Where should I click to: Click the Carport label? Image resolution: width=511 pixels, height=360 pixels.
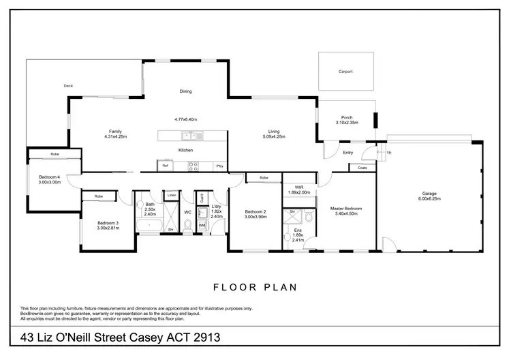click(x=345, y=72)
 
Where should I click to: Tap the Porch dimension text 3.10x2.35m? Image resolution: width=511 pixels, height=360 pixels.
click(x=347, y=123)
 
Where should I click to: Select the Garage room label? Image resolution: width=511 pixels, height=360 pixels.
click(x=429, y=193)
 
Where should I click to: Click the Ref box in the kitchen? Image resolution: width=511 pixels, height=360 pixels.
click(x=165, y=166)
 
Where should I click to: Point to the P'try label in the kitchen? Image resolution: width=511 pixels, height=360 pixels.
click(x=219, y=166)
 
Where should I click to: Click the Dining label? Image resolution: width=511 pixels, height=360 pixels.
click(x=185, y=91)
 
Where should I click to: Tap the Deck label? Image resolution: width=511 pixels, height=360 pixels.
click(x=68, y=86)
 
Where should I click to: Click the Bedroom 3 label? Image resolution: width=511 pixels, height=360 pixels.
click(x=108, y=223)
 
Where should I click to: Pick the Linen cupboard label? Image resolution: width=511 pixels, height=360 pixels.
click(x=172, y=196)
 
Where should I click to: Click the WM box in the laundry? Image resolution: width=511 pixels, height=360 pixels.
click(x=202, y=224)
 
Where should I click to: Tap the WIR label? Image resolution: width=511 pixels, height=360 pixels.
click(x=299, y=186)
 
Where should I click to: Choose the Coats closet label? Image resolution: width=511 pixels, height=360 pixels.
click(x=362, y=167)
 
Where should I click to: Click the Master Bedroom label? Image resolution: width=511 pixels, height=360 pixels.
click(x=346, y=208)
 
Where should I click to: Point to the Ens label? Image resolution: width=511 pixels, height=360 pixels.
click(x=298, y=230)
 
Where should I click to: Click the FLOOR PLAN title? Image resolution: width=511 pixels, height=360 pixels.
click(x=255, y=287)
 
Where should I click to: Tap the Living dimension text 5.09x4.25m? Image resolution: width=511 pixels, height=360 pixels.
click(x=274, y=137)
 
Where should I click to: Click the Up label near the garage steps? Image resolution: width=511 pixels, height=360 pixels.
click(x=389, y=153)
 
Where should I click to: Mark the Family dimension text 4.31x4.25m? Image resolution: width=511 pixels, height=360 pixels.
click(x=116, y=137)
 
